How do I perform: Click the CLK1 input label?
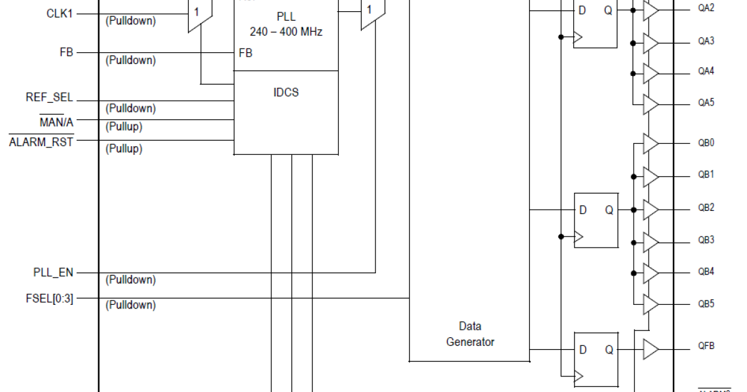(60, 12)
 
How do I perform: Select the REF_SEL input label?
(49, 97)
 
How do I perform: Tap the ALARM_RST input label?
(41, 142)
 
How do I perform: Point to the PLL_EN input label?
(54, 273)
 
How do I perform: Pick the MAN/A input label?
(57, 122)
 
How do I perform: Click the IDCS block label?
(286, 93)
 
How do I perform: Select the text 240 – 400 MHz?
(286, 32)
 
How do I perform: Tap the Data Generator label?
(470, 334)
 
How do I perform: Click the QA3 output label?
(706, 41)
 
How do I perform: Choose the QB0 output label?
(706, 142)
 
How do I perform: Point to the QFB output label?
(706, 346)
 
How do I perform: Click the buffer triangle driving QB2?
(651, 210)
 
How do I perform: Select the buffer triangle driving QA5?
(651, 104)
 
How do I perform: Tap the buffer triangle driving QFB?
(651, 348)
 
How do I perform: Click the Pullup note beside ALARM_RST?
(124, 149)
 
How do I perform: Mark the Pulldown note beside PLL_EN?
(131, 280)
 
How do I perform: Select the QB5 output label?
(706, 304)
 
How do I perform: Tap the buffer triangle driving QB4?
(651, 273)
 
